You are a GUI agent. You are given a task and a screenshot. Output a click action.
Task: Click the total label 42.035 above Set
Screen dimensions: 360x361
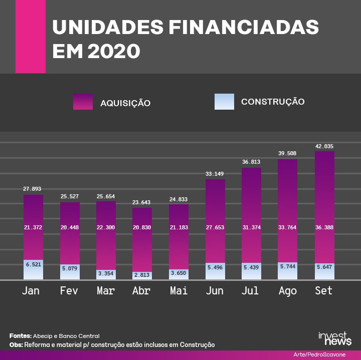[x=324, y=146]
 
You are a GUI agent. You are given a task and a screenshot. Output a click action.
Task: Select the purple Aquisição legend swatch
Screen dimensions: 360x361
[x=83, y=102]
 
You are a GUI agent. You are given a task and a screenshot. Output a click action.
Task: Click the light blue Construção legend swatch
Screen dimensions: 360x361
[x=224, y=102]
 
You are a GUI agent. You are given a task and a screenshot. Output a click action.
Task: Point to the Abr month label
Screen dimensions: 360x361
[x=141, y=291]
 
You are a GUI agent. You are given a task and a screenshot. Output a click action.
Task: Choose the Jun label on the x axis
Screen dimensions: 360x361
[x=215, y=291]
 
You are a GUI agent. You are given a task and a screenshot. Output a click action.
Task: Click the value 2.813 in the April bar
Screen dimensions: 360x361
[x=142, y=275]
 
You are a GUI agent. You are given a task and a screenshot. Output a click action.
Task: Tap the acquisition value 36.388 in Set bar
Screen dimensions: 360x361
[x=324, y=227]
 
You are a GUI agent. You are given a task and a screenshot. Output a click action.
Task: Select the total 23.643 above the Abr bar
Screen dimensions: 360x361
[x=142, y=203]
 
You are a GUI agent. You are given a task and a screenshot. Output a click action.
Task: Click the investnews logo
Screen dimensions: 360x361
[x=334, y=338]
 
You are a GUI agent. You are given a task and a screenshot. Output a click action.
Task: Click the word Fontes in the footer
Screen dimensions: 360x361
[x=20, y=335]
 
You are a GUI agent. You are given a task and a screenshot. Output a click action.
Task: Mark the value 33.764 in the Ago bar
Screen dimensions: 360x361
[x=288, y=227]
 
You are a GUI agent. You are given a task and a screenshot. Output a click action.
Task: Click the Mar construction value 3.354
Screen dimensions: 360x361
[x=106, y=274]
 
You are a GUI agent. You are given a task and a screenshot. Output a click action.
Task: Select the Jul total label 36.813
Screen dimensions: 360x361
[x=251, y=162]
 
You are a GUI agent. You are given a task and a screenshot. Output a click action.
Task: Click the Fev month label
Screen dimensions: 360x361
[x=69, y=291]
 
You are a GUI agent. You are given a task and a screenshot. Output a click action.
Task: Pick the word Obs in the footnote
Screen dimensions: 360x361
[x=16, y=345]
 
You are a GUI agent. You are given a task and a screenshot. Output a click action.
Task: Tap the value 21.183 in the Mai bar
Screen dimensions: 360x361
[x=178, y=227]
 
